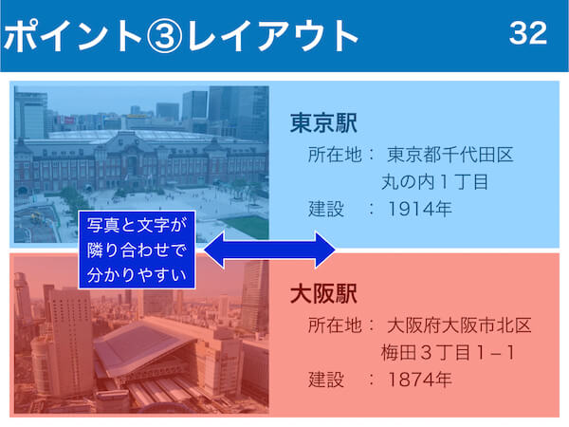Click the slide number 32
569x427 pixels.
click(x=528, y=33)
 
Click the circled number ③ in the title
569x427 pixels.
click(x=164, y=36)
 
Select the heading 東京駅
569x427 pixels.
click(x=323, y=123)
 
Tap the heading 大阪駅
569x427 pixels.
click(x=323, y=294)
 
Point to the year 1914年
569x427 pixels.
click(x=420, y=209)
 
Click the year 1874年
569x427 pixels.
click(x=420, y=380)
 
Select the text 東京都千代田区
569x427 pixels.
click(x=450, y=155)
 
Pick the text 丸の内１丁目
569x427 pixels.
click(x=434, y=182)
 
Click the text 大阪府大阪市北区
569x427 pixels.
click(x=459, y=325)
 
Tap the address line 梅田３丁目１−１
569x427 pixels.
click(x=448, y=353)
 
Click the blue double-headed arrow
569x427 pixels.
click(x=269, y=250)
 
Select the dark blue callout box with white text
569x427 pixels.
click(x=137, y=250)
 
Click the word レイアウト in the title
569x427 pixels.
click(x=273, y=36)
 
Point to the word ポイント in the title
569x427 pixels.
click(x=73, y=36)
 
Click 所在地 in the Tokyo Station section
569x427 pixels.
click(x=335, y=155)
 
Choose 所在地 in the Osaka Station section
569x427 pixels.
click(x=335, y=325)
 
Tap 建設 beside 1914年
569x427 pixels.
click(x=326, y=209)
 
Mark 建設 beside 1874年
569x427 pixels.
click(x=326, y=380)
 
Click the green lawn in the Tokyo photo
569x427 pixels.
click(x=248, y=227)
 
